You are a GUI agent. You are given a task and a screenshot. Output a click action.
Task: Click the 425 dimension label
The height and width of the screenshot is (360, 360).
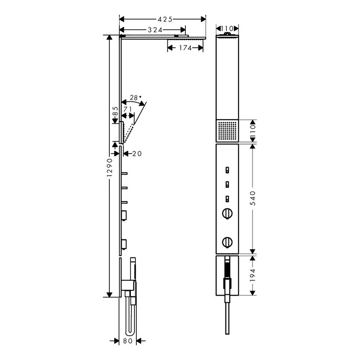pos(165,19)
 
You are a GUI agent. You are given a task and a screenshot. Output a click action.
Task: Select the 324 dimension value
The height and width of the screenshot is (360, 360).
pos(155,30)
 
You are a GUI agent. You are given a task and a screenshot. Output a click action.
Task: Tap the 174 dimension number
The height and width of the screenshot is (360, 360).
pos(185,48)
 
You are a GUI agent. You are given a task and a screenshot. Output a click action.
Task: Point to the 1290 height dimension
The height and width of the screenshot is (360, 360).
pos(110,167)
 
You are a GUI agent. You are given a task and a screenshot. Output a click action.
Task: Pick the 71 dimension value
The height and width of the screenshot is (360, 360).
pos(128,109)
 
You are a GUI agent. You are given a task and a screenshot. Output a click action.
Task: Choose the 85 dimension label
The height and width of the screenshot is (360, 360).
pos(116,111)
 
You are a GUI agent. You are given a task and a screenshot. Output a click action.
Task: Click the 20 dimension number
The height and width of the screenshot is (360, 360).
pos(137,153)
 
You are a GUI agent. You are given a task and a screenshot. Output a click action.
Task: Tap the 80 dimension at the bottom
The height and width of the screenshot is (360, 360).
pos(128,341)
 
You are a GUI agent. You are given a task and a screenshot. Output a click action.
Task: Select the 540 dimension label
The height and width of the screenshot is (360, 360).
pos(252,198)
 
